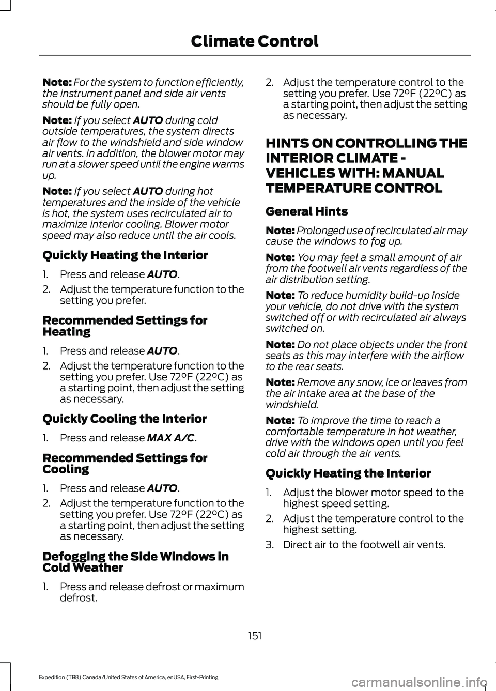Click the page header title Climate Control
(x=254, y=41)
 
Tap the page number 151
(x=254, y=636)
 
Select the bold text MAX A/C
(x=171, y=438)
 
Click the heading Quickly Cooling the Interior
(x=125, y=419)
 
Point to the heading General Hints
(x=306, y=211)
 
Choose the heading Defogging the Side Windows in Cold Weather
(x=135, y=562)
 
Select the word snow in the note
(x=363, y=382)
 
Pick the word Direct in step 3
(x=297, y=544)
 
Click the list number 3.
(x=269, y=544)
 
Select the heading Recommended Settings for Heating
(x=125, y=326)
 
